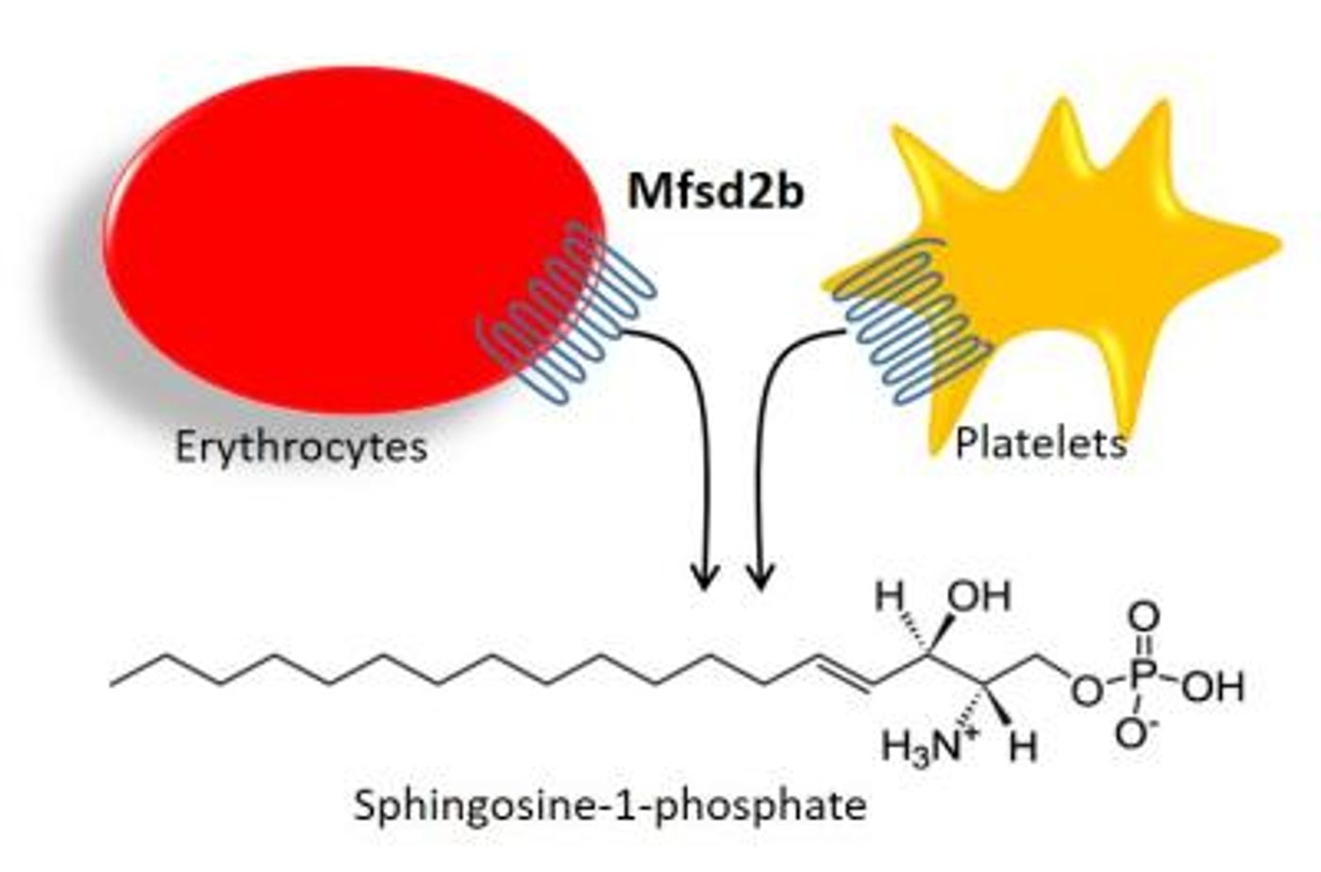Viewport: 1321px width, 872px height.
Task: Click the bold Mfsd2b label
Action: coord(715,192)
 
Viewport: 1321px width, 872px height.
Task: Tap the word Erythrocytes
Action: coord(301,448)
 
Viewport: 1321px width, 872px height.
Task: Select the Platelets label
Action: coord(1041,444)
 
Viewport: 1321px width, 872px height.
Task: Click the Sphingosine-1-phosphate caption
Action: coord(610,807)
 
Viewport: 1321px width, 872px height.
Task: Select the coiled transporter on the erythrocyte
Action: coord(567,312)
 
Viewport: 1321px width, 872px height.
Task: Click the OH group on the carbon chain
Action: coord(979,596)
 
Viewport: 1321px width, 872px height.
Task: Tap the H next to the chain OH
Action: coord(890,596)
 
